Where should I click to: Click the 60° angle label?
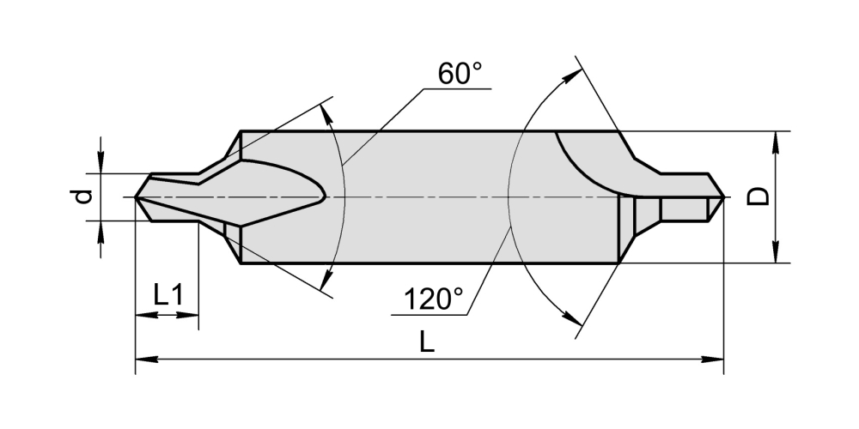[x=460, y=73]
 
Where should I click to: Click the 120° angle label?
[x=433, y=299]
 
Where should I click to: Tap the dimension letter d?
[x=83, y=196]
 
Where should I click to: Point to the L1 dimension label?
[x=168, y=295]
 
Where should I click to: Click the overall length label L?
[x=427, y=342]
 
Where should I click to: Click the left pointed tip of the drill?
[x=136, y=197]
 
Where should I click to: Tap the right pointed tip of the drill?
[x=723, y=197]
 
